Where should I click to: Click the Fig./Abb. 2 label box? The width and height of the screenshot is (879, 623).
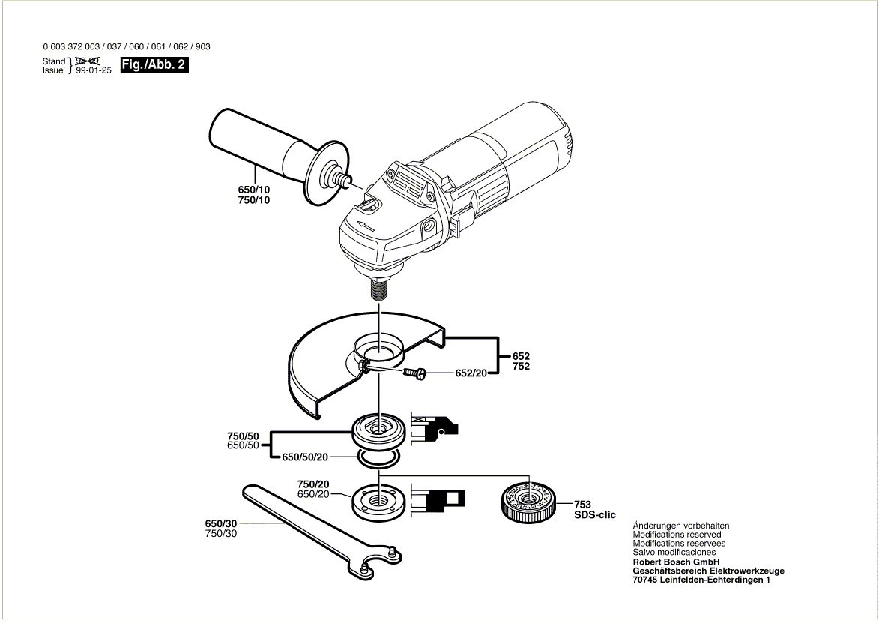point(154,65)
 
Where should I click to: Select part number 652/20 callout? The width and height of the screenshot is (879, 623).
point(471,373)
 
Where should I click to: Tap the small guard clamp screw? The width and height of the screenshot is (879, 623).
point(413,373)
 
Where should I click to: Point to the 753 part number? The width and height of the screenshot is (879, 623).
point(583,505)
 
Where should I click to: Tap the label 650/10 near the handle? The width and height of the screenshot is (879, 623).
point(254,190)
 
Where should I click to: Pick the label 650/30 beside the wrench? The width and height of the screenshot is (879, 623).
point(220,523)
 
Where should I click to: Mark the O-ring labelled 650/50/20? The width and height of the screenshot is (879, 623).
point(379,457)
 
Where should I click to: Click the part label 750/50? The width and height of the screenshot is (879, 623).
point(243,436)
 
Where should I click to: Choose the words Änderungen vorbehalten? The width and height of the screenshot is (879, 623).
point(680,526)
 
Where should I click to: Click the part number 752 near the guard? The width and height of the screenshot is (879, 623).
point(521,366)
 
